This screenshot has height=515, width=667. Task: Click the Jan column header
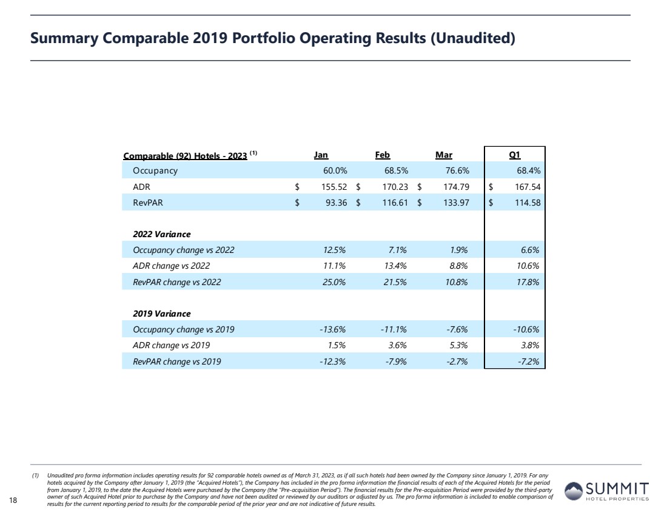[x=321, y=155]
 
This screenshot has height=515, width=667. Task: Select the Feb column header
[x=383, y=155]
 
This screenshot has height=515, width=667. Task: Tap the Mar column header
[x=444, y=155]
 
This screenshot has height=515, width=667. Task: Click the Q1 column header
[x=515, y=155]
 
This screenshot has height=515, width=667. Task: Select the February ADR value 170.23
[x=392, y=187]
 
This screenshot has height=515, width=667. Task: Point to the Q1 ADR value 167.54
[x=524, y=187]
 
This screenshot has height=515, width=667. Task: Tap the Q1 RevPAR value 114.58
[x=524, y=203]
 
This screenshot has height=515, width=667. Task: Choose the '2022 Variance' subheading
[x=161, y=234]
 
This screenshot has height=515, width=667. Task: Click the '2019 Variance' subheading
[x=162, y=314]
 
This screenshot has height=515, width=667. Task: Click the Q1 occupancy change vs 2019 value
[x=525, y=329]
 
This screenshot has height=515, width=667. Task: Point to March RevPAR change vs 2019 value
[x=455, y=362]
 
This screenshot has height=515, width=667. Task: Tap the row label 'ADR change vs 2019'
[x=172, y=346]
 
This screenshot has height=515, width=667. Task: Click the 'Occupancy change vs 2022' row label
[x=183, y=250]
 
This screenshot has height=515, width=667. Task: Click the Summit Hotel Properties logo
[x=606, y=491]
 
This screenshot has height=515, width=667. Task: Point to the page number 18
[x=13, y=499]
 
